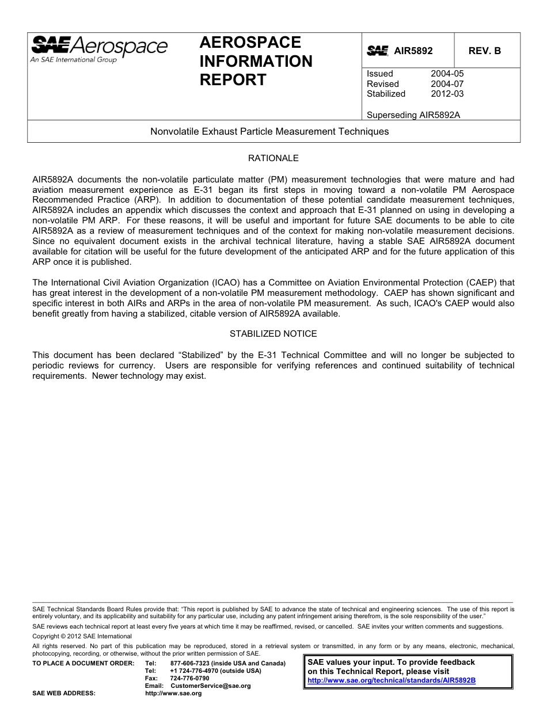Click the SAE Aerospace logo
click(x=99, y=48)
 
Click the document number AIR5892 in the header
click(x=413, y=51)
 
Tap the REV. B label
click(x=484, y=51)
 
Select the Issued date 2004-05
click(x=447, y=74)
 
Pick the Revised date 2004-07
click(x=447, y=84)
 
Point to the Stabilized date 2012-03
click(x=447, y=94)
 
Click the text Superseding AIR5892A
click(x=413, y=115)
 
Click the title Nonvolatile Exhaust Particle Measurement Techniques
click(x=269, y=131)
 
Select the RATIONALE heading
click(x=273, y=158)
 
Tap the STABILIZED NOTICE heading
click(x=273, y=334)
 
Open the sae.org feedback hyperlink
click(x=392, y=680)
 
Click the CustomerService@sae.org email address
click(x=211, y=686)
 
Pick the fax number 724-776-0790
click(x=190, y=679)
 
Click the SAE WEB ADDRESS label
click(x=64, y=694)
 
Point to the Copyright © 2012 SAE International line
click(x=82, y=636)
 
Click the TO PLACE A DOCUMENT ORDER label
click(x=83, y=664)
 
